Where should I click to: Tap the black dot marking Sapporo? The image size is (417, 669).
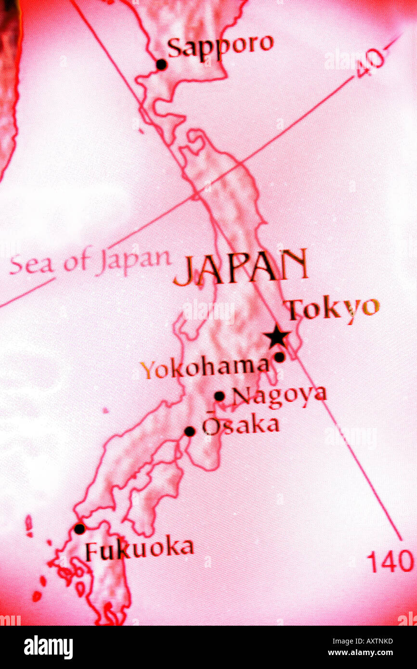(x=161, y=64)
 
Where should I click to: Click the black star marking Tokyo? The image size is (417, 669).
(x=277, y=337)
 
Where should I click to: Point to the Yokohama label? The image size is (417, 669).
(x=205, y=368)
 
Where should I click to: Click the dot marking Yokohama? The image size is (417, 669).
(x=279, y=357)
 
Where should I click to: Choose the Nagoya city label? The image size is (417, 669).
(x=279, y=396)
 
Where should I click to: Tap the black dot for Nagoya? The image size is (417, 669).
(x=219, y=396)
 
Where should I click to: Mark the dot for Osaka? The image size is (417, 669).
(x=190, y=431)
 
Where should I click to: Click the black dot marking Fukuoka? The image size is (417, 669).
(x=79, y=529)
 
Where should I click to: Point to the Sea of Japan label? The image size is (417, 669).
(x=90, y=262)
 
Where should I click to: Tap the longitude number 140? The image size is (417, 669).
(x=390, y=561)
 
